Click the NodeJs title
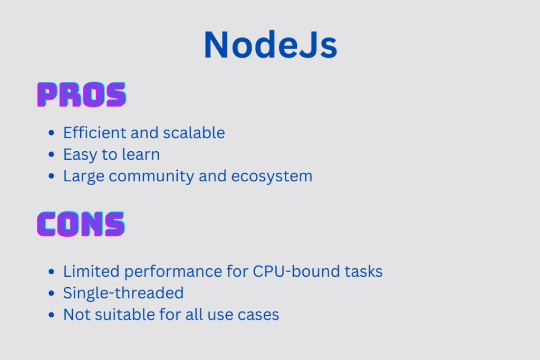pos(271,45)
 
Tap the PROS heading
pos(82,95)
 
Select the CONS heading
pos(81,224)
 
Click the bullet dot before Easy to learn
pos(51,154)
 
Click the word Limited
pos(91,271)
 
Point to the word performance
pos(173,272)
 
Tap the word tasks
pos(364,271)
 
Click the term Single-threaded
pos(123,294)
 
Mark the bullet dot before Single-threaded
pos(51,293)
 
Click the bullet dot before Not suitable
pos(51,315)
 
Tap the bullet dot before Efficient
pos(51,132)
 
